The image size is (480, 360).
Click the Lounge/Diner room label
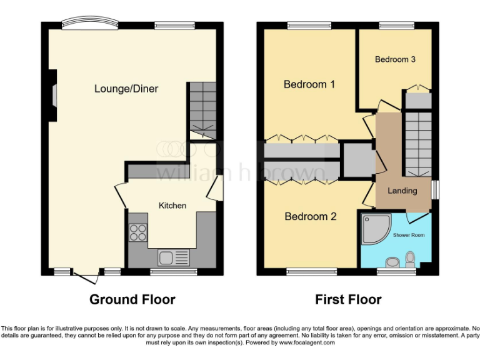click(x=126, y=89)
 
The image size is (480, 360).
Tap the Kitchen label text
click(x=172, y=206)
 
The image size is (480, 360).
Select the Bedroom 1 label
click(x=309, y=84)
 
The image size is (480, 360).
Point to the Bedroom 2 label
click(x=311, y=217)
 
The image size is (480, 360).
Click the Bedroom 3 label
click(x=395, y=60)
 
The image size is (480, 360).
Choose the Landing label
click(x=402, y=191)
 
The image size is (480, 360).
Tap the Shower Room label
click(x=409, y=235)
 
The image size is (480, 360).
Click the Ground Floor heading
click(x=132, y=299)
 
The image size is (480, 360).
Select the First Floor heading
click(x=348, y=299)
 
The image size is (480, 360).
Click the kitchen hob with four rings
click(x=137, y=232)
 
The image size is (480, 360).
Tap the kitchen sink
click(x=174, y=257)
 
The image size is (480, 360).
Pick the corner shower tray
click(x=375, y=231)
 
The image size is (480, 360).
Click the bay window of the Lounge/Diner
click(x=89, y=24)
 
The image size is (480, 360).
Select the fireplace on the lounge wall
click(x=53, y=95)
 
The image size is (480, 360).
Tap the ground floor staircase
click(x=202, y=110)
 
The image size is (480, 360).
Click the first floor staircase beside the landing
click(x=417, y=144)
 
